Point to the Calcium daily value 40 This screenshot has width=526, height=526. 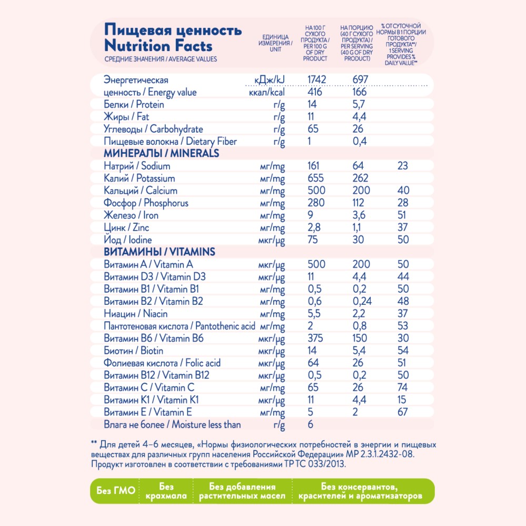point(403,191)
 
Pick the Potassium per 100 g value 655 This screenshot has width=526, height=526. point(316,178)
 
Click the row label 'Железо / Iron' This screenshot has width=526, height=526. point(131,215)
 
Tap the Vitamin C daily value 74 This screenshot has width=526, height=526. point(403,388)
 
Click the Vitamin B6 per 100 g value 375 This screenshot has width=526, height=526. point(316,339)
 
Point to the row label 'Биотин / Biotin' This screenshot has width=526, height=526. point(133,351)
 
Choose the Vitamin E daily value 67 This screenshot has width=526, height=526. point(403,412)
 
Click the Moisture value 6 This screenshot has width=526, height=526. point(310,424)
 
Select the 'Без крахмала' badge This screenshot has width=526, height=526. point(166,491)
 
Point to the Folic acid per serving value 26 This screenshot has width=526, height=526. point(358,363)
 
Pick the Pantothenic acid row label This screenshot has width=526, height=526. point(180,326)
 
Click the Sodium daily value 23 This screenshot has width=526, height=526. point(403,166)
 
